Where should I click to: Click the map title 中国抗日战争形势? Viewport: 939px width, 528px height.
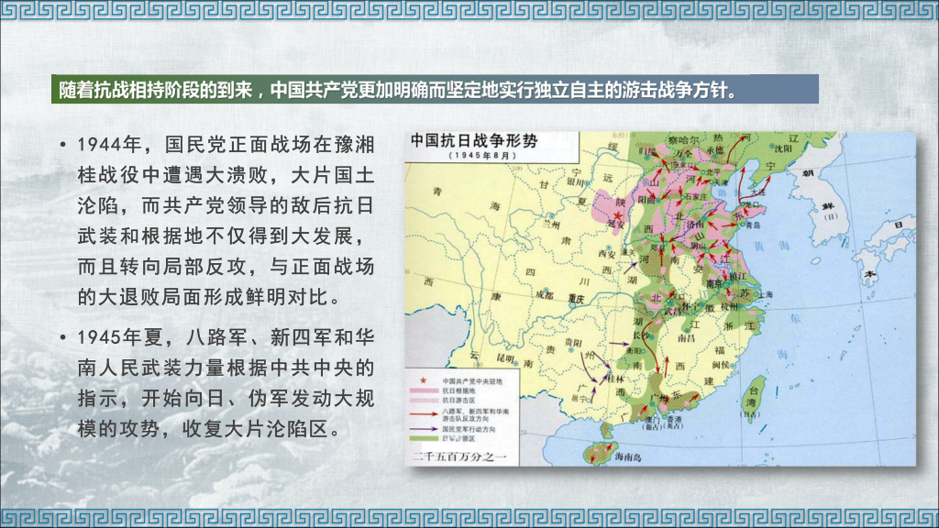tap(473, 142)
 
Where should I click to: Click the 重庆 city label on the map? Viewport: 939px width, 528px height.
tap(575, 297)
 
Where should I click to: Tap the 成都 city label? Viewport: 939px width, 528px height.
tap(545, 295)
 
